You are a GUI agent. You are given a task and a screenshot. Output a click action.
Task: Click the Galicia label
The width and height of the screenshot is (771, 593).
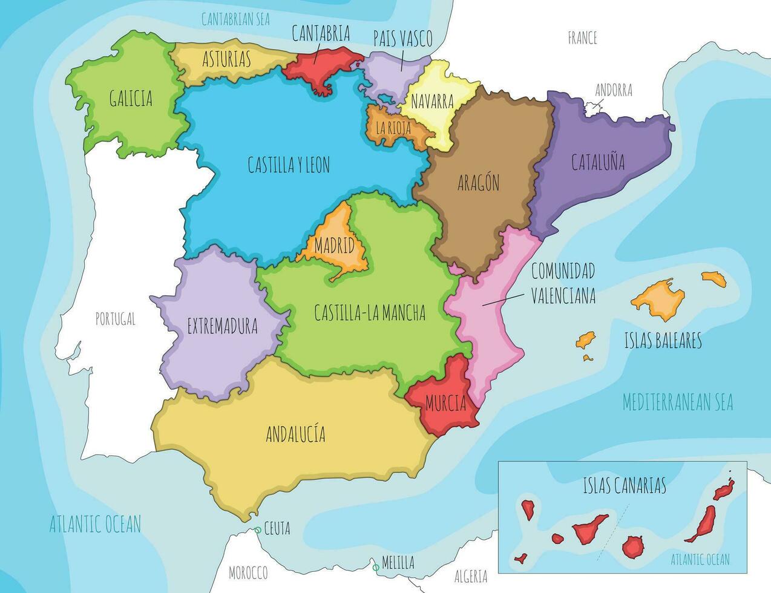click(131, 98)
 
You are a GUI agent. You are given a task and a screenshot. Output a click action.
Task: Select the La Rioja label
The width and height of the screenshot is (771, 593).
click(393, 128)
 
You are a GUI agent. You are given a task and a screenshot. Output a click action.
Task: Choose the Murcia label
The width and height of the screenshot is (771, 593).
click(445, 403)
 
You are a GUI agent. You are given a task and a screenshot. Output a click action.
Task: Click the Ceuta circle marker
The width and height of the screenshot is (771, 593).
click(258, 530)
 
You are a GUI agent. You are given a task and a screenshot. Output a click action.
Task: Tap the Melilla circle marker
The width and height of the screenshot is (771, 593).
click(376, 568)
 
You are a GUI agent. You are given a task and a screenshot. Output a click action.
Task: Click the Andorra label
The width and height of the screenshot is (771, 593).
click(614, 90)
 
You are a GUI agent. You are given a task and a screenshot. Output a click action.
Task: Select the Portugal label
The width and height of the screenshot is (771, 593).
click(116, 319)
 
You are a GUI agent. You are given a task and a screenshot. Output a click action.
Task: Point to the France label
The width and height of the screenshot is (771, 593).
click(582, 38)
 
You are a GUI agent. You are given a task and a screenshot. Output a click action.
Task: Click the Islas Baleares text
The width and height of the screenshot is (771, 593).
click(663, 341)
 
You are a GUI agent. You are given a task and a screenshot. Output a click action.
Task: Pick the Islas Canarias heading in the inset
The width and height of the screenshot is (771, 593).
click(625, 485)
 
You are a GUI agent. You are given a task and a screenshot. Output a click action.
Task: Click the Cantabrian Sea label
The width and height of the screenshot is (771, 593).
click(235, 19)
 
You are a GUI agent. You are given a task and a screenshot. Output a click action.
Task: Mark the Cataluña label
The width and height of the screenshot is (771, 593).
click(598, 162)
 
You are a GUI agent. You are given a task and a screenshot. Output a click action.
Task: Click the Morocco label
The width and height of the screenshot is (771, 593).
click(248, 572)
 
